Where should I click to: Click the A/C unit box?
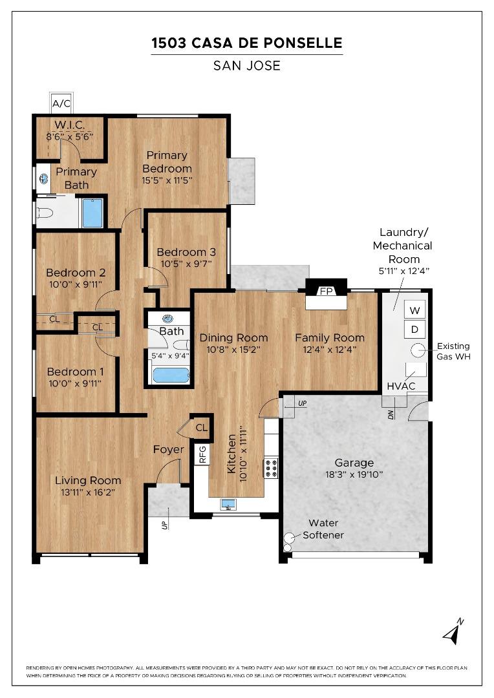tap(61, 103)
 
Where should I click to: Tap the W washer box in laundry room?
tap(415, 310)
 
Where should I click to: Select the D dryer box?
tap(415, 330)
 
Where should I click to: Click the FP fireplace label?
tap(327, 291)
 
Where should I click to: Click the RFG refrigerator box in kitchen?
tap(202, 454)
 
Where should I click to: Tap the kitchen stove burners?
tap(271, 468)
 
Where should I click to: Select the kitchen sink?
tap(228, 504)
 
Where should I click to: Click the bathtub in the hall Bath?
tap(169, 375)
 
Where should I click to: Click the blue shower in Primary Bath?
tap(92, 213)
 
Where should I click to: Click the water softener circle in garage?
tap(289, 536)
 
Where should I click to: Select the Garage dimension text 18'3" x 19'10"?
tap(354, 474)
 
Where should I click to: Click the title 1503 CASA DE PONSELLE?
tap(246, 43)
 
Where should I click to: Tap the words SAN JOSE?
tap(246, 66)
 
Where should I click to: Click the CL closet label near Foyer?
tap(201, 427)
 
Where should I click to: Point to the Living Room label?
tap(88, 480)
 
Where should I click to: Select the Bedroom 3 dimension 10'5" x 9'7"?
tap(186, 264)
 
